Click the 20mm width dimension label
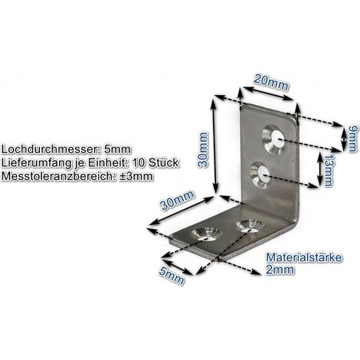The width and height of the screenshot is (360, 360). click(270, 83)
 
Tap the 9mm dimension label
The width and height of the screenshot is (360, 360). click(352, 139)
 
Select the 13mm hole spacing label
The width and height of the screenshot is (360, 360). click(329, 170)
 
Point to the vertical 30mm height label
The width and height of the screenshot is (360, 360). click(203, 149)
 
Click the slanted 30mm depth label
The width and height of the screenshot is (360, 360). click(177, 200)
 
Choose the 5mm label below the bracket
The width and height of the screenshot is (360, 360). click(172, 276)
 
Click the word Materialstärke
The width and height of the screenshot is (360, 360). click(304, 257)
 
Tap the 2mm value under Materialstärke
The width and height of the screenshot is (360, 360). click(280, 270)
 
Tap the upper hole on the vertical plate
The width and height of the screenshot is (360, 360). click(274, 140)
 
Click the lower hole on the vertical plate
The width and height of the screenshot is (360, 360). click(260, 175)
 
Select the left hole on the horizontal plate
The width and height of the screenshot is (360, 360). click(208, 234)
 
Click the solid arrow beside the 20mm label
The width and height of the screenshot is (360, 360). click(267, 93)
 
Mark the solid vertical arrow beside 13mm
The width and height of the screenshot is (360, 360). click(320, 168)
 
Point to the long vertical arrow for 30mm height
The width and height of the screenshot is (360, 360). click(214, 146)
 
